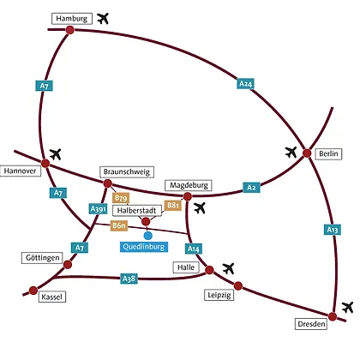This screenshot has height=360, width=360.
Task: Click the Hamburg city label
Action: pos(72,19)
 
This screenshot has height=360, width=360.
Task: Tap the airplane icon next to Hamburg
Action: pos(103,19)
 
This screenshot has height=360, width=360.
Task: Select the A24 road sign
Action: pos(245,84)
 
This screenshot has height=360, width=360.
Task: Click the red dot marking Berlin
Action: pos(307,153)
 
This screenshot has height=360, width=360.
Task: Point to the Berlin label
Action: pos(328,153)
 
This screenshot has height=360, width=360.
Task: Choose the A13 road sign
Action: pos(333,230)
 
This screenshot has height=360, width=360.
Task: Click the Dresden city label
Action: pos(311,324)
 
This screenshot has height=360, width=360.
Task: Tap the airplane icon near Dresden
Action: pos(348,308)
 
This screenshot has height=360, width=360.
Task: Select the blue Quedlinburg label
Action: pos(144,247)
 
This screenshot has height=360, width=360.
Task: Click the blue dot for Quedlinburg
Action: pos(147,236)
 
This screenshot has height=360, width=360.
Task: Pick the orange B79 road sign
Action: pos(121,198)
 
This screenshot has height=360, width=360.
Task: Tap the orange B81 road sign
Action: pos(173,206)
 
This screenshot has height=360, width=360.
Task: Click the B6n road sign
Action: pos(119,225)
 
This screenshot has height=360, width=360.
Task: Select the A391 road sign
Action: pos(98,209)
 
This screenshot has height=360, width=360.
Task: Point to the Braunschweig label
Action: pos(127,172)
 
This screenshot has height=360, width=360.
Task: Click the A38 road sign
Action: pos(129,279)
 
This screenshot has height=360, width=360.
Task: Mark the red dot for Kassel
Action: pos(33,291)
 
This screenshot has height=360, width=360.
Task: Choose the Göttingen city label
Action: pos(42,258)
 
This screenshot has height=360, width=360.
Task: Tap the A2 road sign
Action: pos(251,188)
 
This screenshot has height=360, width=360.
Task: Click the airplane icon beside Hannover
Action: pos(56,154)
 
